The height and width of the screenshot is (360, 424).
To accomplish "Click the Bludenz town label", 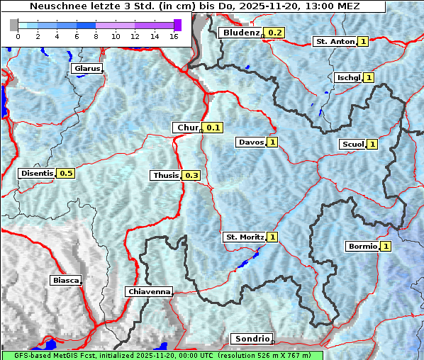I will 240,33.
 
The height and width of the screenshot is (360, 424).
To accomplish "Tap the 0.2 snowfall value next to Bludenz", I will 275,33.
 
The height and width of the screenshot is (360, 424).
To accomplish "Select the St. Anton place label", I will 334,42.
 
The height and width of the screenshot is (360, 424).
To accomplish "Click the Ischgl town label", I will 347,77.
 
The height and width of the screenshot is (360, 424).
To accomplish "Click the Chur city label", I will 187,128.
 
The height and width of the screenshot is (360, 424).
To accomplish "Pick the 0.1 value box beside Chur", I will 213,128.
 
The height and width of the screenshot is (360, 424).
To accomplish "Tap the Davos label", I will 251,142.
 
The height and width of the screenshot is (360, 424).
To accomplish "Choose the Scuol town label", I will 352,145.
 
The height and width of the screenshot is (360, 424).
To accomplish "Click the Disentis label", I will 37,173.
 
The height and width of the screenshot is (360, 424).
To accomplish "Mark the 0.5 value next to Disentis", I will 66,173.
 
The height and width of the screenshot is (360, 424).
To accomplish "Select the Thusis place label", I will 165,175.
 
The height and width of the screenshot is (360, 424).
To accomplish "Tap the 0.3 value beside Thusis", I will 191,175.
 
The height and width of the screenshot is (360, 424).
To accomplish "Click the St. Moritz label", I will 244,237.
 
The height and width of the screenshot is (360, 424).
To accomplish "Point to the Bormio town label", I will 362,247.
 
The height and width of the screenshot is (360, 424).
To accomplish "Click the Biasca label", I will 65,280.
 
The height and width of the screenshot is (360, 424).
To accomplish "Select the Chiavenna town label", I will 149,291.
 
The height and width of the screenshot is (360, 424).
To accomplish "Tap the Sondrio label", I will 251,339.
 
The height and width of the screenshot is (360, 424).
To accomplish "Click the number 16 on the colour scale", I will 174,36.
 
